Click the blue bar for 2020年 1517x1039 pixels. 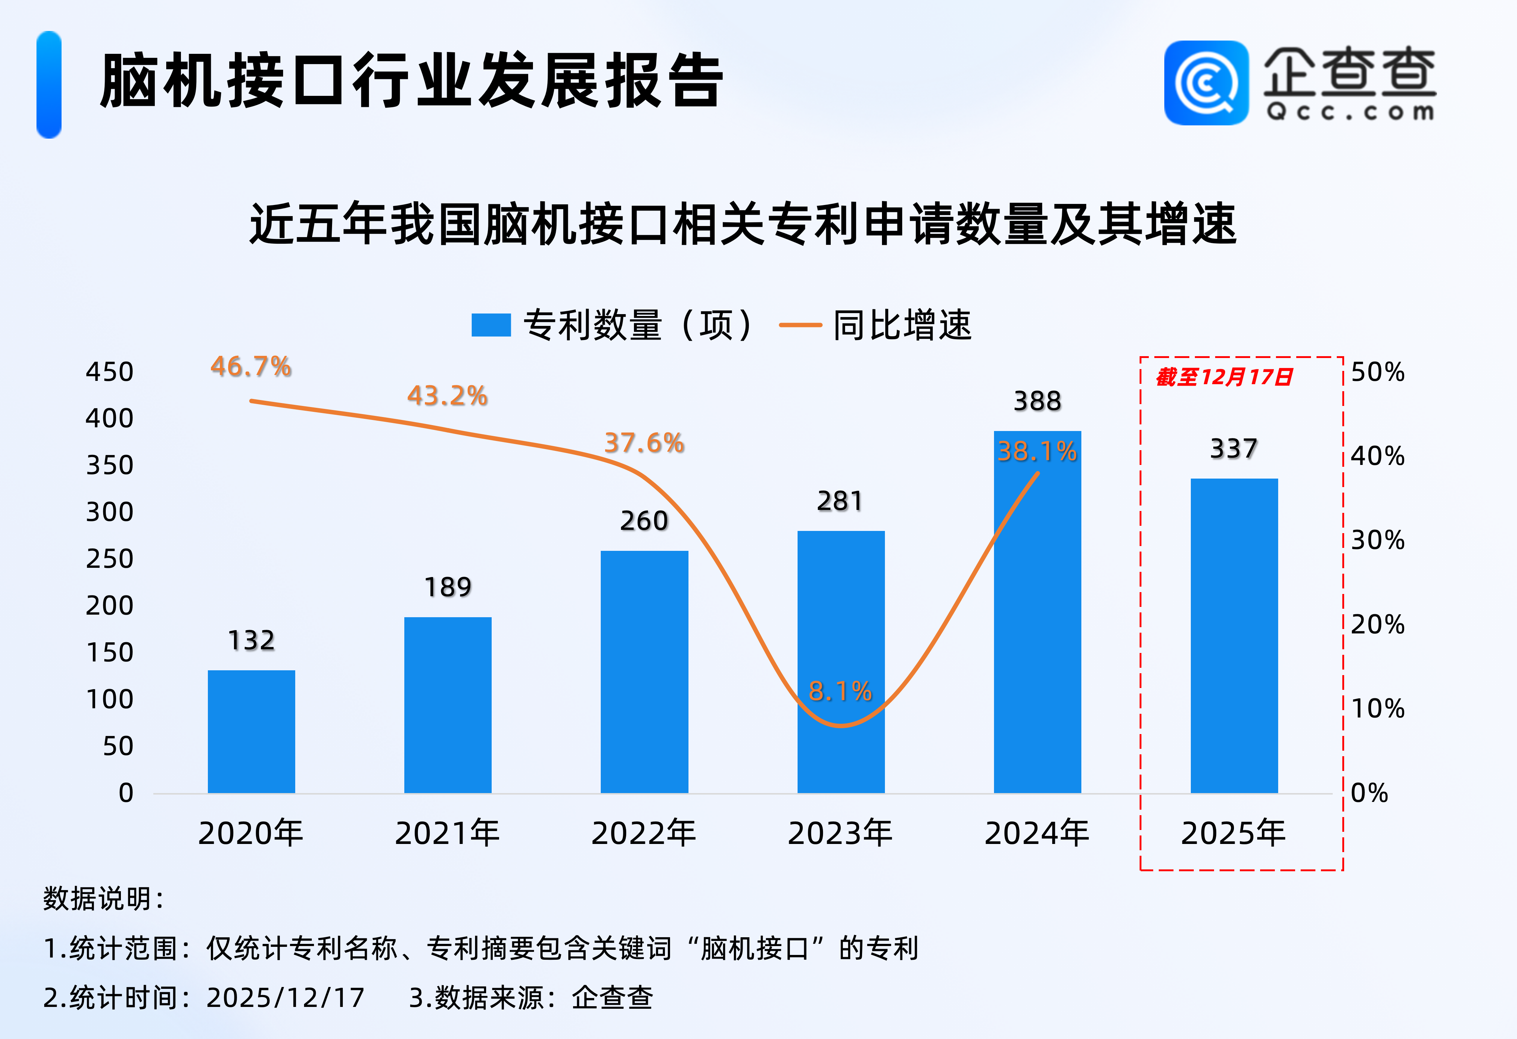[251, 732]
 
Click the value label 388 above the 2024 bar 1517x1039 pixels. [1037, 401]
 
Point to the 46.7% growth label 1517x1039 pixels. [251, 366]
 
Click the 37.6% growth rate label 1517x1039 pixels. [644, 443]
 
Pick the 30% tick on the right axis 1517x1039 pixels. [1377, 540]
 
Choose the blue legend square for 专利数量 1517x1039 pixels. [491, 324]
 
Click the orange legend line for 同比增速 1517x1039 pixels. [800, 324]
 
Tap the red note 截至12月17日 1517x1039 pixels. [1224, 377]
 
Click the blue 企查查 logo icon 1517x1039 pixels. [1206, 83]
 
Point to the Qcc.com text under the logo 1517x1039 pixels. [1350, 112]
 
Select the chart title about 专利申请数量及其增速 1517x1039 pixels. [743, 224]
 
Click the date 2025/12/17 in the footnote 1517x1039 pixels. [285, 997]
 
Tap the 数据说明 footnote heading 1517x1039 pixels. [103, 899]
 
